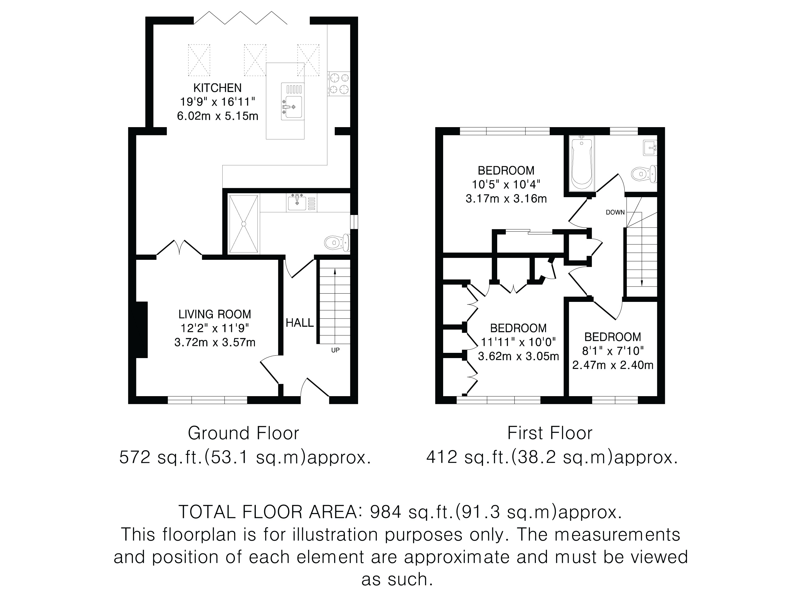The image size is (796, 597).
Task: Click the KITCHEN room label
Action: (217, 88)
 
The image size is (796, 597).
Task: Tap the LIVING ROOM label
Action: (215, 314)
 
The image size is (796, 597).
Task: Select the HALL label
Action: (300, 323)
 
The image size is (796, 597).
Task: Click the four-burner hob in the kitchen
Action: (339, 84)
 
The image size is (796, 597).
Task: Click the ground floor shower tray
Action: (244, 224)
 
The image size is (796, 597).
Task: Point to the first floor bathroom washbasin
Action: (650, 147)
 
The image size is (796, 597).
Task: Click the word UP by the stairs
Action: (335, 350)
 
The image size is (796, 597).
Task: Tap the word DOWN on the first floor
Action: (615, 212)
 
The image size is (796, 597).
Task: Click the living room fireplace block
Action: (142, 330)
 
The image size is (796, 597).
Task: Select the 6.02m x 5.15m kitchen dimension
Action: (218, 116)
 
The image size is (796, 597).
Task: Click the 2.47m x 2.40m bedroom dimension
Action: (613, 365)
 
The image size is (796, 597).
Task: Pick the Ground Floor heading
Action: (243, 433)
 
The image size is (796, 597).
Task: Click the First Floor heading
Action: (549, 433)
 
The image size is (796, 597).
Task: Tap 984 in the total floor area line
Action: (385, 512)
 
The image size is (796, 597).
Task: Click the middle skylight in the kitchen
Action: (255, 60)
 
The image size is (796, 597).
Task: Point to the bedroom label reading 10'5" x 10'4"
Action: (506, 185)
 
